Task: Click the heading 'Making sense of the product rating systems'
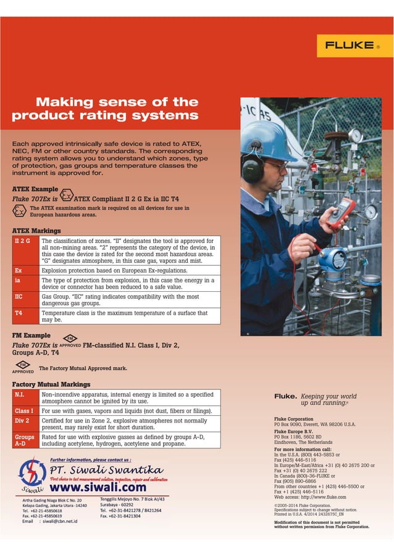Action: [105, 109]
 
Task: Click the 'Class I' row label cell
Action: [25, 411]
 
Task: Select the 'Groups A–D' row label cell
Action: [25, 440]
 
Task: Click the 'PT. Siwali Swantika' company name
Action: [106, 471]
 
